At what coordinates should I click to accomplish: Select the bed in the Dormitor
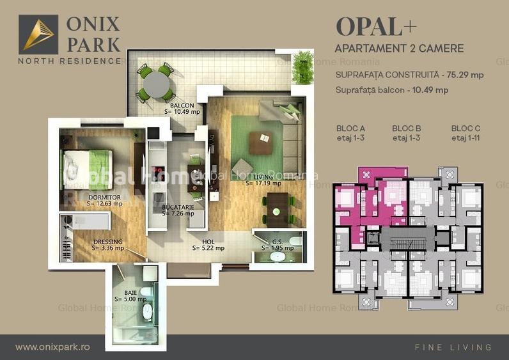click(x=87, y=168)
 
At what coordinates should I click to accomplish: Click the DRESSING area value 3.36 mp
click(x=108, y=248)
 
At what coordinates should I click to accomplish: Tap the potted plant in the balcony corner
click(x=302, y=67)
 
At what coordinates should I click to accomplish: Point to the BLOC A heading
click(x=350, y=129)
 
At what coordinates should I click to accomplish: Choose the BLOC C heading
click(x=466, y=129)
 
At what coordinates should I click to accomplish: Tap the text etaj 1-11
click(x=466, y=137)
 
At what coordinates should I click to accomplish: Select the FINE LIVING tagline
click(x=453, y=347)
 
